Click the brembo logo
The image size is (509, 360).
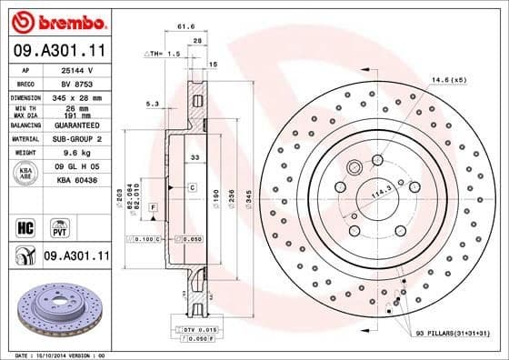click(x=56, y=20)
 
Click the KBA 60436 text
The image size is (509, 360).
click(x=76, y=182)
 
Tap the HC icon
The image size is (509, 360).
click(x=25, y=224)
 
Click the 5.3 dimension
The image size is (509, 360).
click(x=154, y=105)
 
